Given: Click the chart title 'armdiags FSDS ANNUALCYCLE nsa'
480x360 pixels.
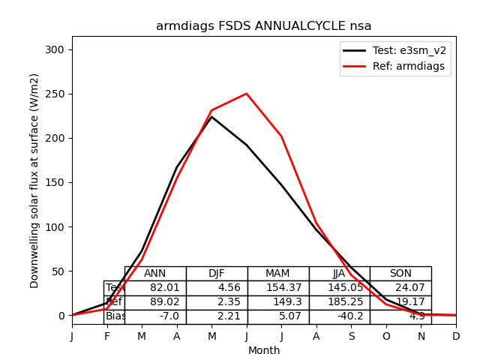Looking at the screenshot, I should click(x=263, y=26).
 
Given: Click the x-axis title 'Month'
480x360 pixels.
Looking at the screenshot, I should click(x=263, y=350).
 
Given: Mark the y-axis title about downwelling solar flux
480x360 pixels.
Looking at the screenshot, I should click(x=34, y=180).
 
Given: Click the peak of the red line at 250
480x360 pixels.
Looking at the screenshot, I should click(x=247, y=94).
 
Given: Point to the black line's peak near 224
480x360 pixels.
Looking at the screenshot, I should click(x=211, y=117).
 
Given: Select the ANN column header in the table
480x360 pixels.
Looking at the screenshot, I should click(x=155, y=274).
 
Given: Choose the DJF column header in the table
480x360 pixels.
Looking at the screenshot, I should click(x=217, y=274).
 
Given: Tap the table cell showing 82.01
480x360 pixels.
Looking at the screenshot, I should click(x=155, y=288).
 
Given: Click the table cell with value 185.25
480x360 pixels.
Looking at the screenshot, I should click(x=339, y=302).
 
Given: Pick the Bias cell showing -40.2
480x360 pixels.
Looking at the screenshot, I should click(x=339, y=316).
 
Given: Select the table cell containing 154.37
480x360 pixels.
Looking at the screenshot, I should click(x=278, y=288).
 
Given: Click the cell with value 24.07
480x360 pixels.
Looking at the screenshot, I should click(x=400, y=288).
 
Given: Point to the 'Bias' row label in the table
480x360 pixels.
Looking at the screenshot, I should click(x=115, y=316).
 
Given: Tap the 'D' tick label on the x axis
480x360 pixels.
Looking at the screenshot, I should click(x=456, y=337).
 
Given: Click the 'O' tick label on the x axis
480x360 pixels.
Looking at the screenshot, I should click(x=386, y=337).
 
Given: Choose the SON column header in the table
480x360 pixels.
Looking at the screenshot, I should click(x=400, y=274).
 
